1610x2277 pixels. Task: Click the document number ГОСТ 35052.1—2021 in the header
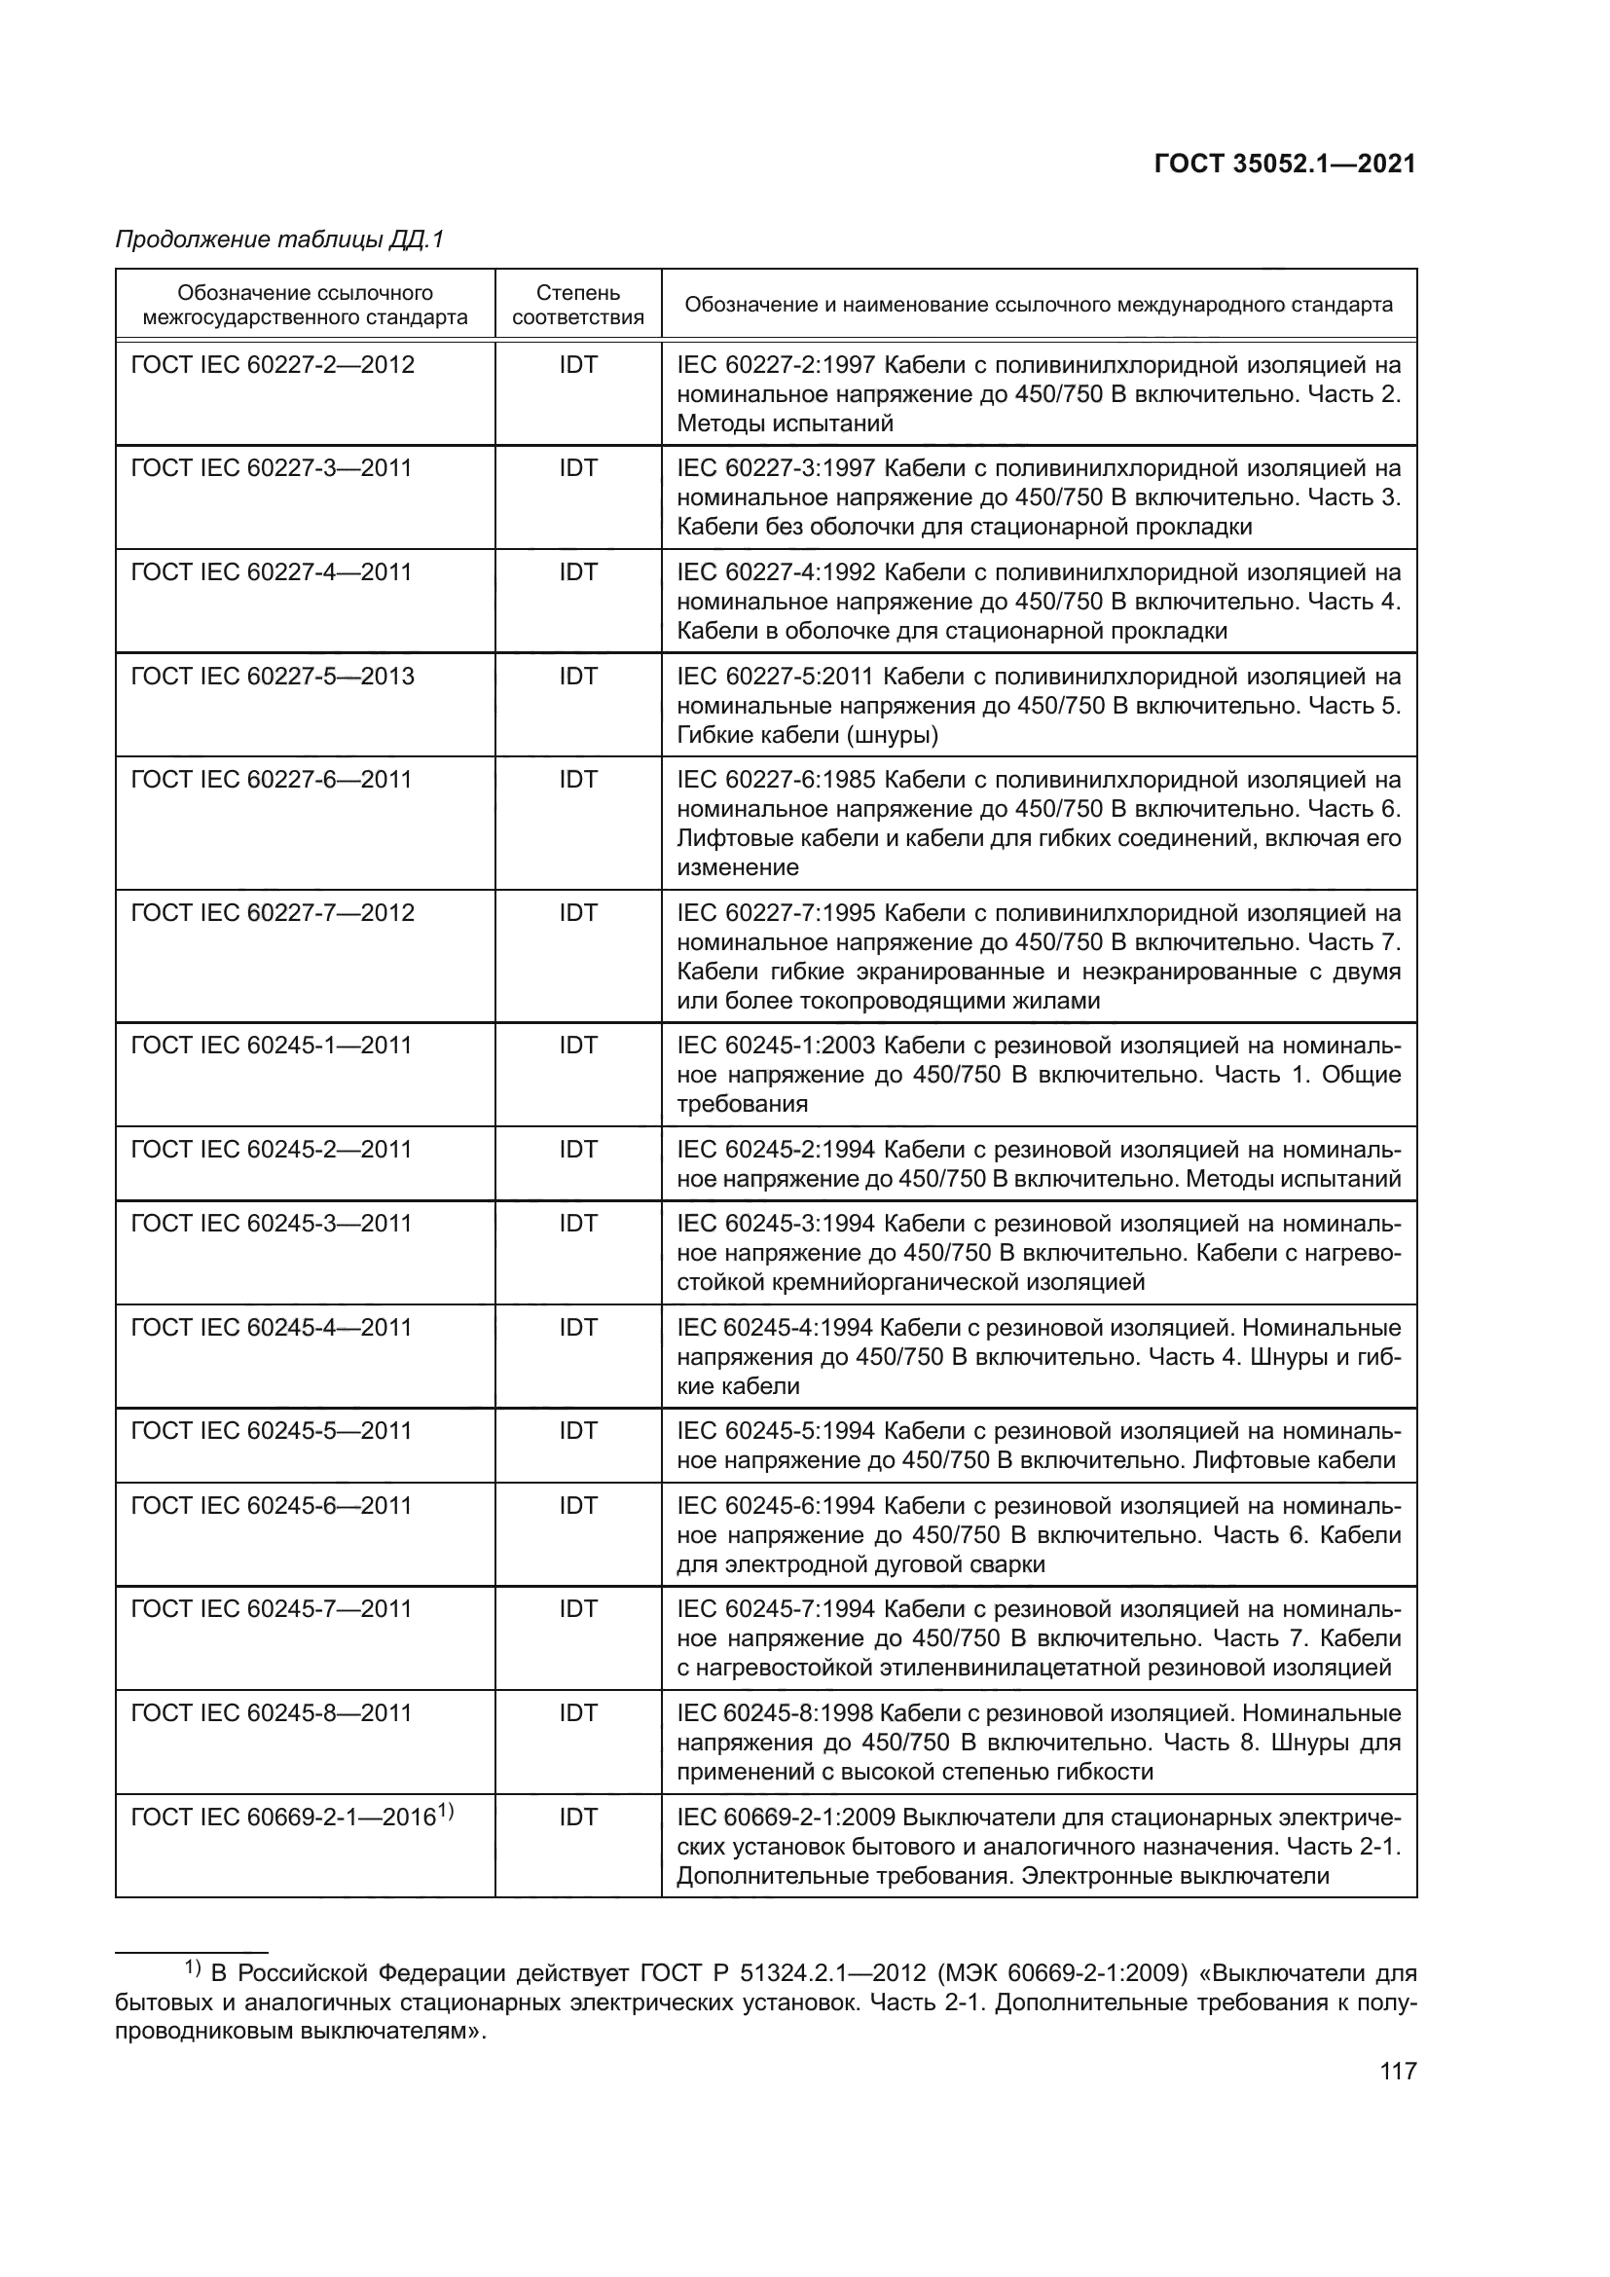[x=1285, y=164]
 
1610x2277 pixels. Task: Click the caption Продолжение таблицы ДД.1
[x=279, y=240]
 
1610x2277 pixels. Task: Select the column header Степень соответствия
[x=578, y=306]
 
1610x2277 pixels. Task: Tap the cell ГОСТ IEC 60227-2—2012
[x=273, y=365]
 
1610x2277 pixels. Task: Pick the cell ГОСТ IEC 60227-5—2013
[x=273, y=677]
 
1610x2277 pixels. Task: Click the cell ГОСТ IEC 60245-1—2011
[x=272, y=1046]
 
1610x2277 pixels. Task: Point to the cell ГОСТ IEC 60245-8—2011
[x=272, y=1712]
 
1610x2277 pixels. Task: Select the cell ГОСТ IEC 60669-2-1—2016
[x=284, y=1817]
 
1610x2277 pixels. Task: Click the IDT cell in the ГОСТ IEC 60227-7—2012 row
[x=578, y=912]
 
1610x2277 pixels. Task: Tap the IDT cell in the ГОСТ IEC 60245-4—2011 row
[x=578, y=1327]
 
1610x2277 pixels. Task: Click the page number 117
[x=1398, y=2071]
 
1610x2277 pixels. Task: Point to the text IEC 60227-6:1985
[x=775, y=780]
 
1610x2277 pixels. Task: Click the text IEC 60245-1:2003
[x=775, y=1046]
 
